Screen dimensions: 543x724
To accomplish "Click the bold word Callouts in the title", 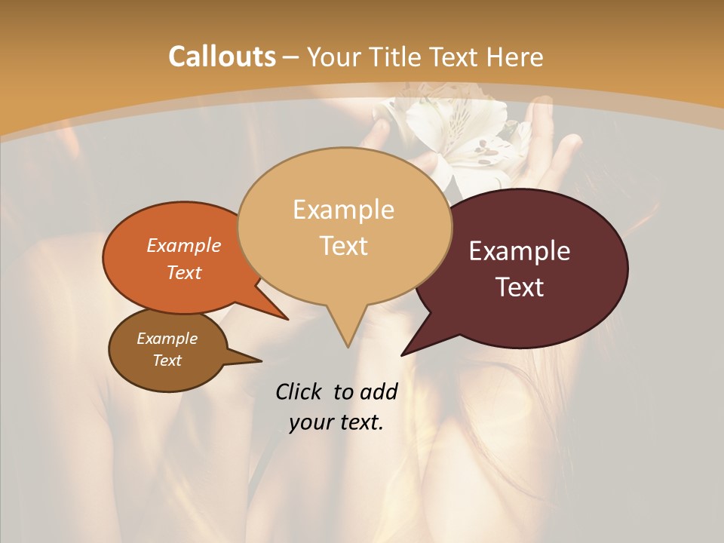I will tap(222, 57).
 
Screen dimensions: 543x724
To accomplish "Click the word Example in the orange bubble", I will tap(184, 245).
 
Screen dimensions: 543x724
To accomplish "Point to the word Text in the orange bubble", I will tap(184, 272).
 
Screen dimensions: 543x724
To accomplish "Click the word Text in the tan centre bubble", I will tap(343, 245).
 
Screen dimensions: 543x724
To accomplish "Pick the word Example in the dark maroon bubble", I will tap(520, 250).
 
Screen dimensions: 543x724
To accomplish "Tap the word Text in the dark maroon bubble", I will tap(520, 287).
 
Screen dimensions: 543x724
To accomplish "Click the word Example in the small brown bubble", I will tap(167, 339).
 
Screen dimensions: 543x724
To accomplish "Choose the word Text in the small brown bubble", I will tap(167, 360).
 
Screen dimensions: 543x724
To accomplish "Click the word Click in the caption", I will tap(300, 391).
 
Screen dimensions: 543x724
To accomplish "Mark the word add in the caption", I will tap(378, 391).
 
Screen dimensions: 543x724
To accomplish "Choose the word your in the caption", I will tap(311, 422).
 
